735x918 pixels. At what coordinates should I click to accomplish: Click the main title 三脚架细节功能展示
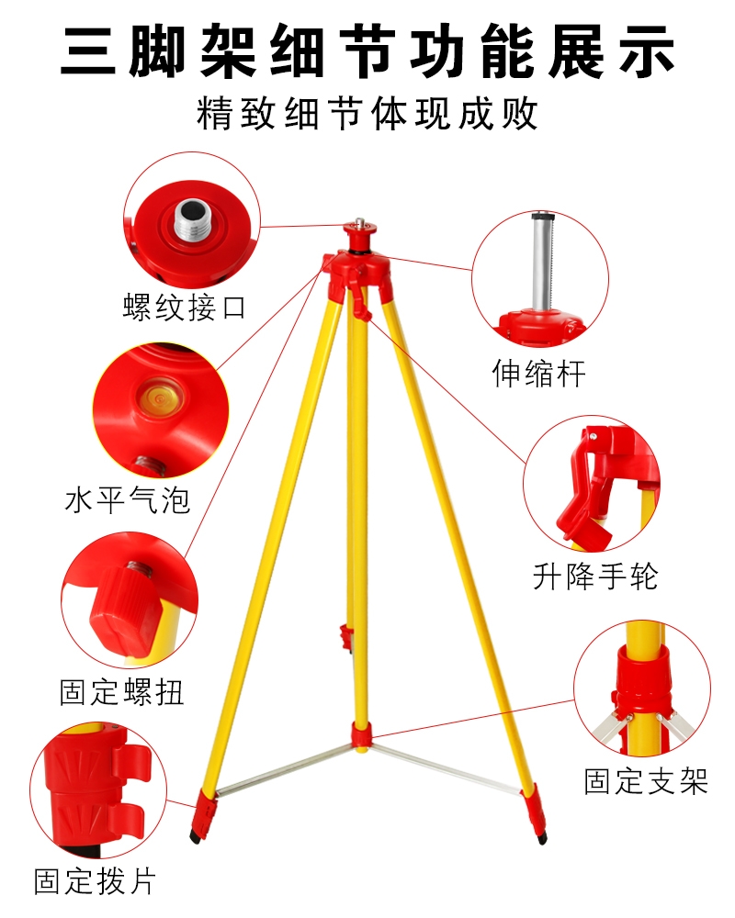367,51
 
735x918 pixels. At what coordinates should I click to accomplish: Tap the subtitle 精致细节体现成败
367,113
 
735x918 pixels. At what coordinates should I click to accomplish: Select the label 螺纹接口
184,307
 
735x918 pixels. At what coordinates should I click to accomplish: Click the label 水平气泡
128,500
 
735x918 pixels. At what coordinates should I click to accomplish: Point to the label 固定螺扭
122,691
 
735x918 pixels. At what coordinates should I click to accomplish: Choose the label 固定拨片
95,881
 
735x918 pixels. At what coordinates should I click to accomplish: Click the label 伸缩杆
538,373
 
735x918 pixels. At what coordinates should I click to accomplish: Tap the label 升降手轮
595,577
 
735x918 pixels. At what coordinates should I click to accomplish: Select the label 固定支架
646,781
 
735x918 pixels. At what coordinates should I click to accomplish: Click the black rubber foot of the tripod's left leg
196,836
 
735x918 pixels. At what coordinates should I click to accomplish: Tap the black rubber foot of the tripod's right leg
542,838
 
